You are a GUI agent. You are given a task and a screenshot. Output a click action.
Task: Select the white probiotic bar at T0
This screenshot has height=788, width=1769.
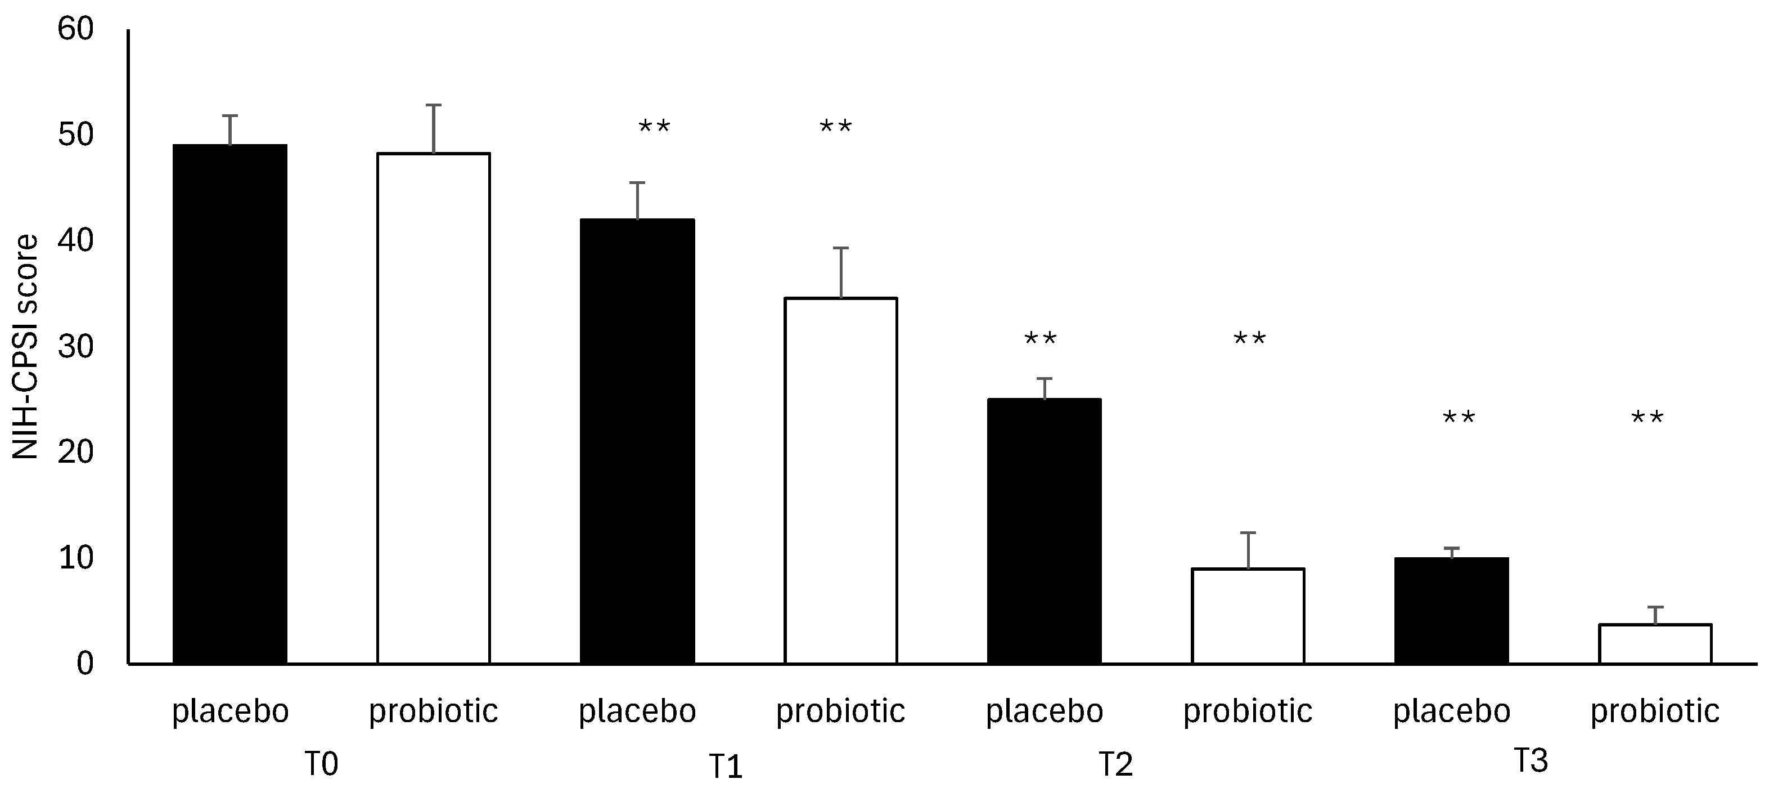pos(433,408)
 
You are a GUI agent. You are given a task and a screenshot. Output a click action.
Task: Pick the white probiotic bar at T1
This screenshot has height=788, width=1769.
pos(840,481)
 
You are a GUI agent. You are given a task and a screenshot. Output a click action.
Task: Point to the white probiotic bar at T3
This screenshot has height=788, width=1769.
pos(1655,644)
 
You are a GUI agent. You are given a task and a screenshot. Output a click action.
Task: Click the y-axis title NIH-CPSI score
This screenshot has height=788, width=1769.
pos(26,347)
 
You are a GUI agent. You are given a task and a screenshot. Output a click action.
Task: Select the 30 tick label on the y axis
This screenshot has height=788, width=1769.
pos(75,347)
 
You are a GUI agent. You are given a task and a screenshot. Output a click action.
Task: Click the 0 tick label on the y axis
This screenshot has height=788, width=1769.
pos(84,664)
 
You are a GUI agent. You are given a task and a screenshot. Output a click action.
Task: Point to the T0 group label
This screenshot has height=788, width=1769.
pos(321,764)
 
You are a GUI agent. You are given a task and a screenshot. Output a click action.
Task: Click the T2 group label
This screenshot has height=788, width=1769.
pos(1115,764)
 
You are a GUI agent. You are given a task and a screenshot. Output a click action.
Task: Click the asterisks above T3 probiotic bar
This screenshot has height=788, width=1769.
pos(1647,418)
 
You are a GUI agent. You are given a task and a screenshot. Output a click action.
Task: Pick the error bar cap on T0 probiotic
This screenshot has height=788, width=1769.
pos(433,105)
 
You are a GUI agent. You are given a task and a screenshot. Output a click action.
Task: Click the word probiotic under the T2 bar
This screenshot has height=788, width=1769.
pos(1248,711)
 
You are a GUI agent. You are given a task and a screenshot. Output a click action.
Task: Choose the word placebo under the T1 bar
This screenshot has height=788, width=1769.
pos(637,711)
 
